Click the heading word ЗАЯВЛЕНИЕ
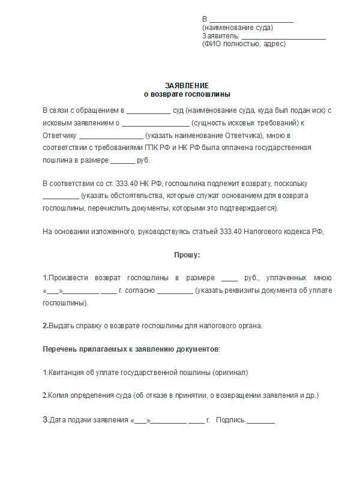(187, 85)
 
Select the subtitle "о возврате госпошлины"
(187, 94)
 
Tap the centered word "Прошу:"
(187, 254)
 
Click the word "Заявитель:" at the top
(221, 35)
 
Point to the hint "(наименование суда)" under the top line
(238, 28)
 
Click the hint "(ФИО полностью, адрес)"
(244, 44)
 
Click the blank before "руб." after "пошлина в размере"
(123, 161)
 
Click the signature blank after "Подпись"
(260, 421)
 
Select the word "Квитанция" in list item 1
(66, 372)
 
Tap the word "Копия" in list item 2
(59, 395)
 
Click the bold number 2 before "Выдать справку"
(44, 326)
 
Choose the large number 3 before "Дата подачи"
(45, 419)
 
